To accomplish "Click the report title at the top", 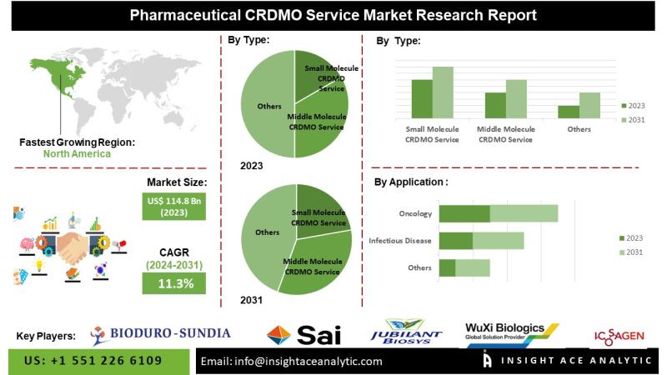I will [333, 15].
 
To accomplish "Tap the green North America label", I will [77, 154].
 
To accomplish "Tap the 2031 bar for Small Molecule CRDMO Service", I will [443, 92].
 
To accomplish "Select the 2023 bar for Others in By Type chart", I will [568, 112].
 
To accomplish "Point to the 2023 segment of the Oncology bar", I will [464, 213].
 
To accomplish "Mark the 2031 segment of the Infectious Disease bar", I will [499, 241].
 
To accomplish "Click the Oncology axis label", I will [415, 214].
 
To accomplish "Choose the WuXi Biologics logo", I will [512, 332].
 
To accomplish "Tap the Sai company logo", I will [304, 335].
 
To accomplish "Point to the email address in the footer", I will [292, 362].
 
